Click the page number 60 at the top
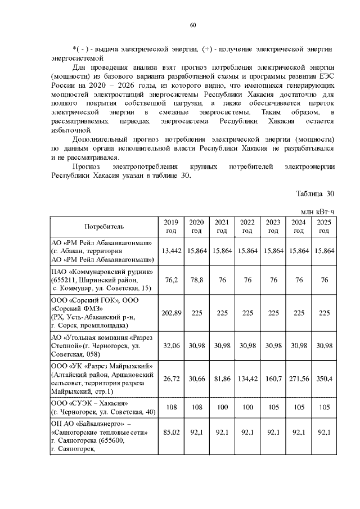(192, 25)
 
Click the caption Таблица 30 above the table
(315, 193)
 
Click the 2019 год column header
(171, 226)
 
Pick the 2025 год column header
(323, 226)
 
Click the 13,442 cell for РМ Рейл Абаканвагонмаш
(171, 250)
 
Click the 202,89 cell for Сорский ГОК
(171, 312)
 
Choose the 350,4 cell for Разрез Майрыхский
(323, 379)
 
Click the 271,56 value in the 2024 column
(298, 379)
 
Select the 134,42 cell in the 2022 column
(246, 379)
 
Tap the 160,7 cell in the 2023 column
(273, 379)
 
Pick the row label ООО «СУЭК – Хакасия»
(90, 403)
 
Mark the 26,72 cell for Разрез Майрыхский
(171, 379)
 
